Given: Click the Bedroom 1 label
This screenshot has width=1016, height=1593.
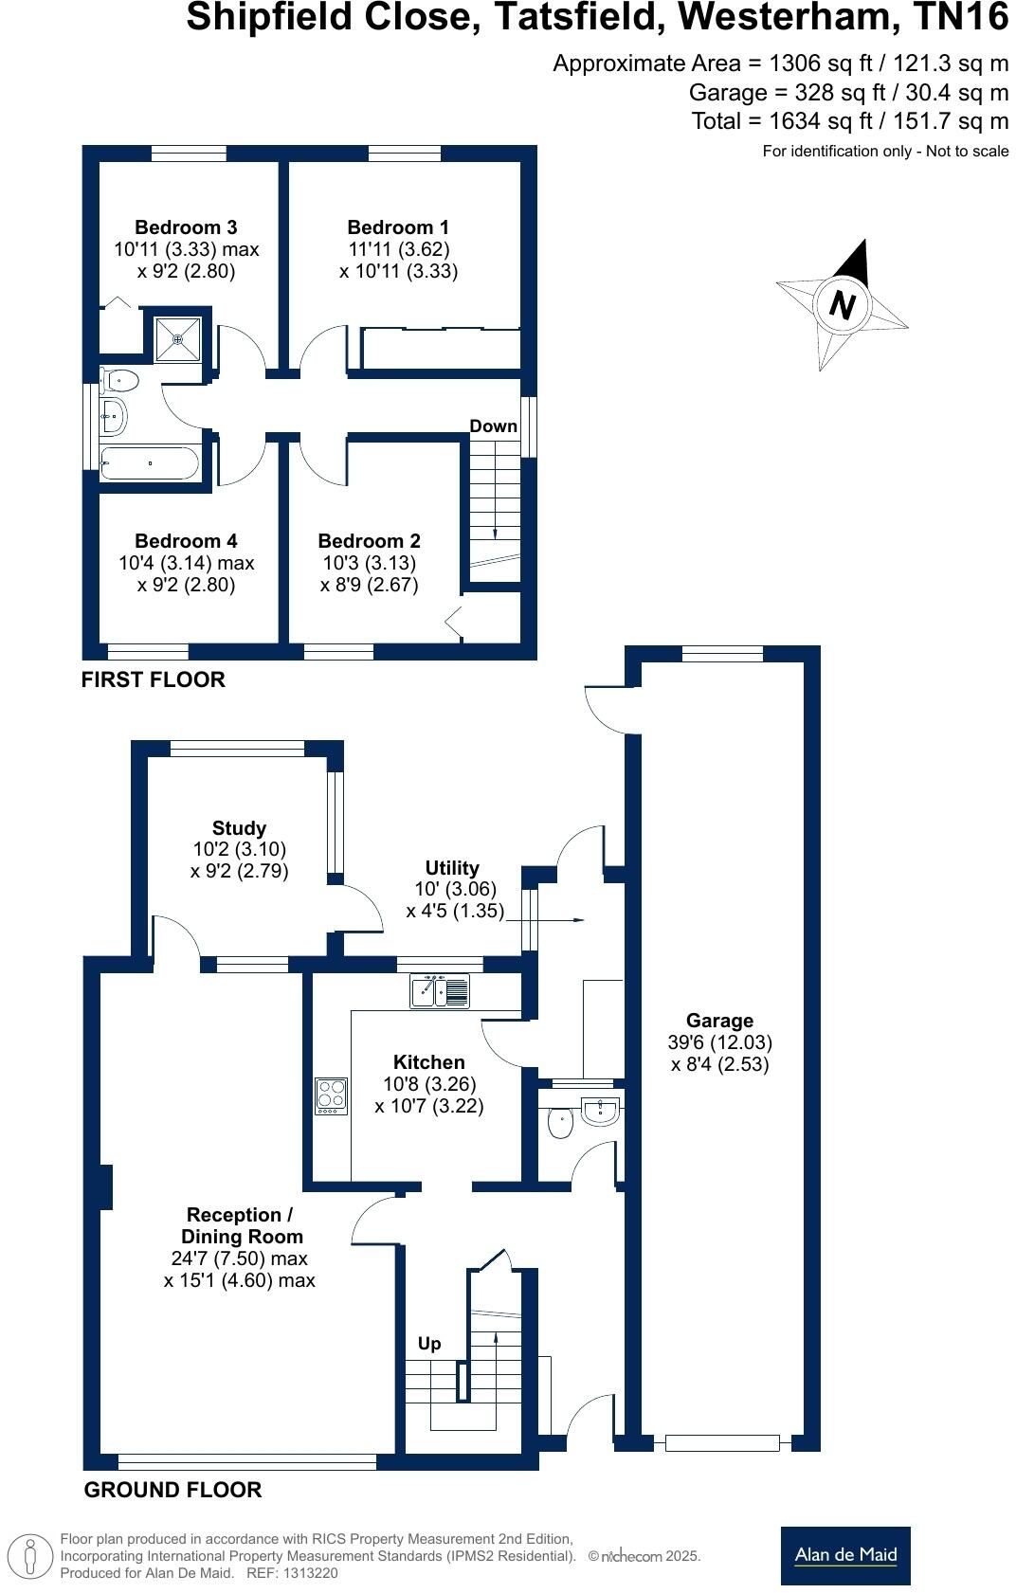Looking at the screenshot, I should (x=398, y=227).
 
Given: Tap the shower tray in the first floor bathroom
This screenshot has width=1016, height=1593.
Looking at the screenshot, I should (x=178, y=338).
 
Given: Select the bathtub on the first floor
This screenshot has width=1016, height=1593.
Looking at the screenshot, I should (x=150, y=463).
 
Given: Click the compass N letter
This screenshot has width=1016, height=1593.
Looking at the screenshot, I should (x=842, y=305).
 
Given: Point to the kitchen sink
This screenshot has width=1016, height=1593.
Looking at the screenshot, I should (x=440, y=990).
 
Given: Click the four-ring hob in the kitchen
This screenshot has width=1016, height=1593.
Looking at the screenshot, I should (x=331, y=1095).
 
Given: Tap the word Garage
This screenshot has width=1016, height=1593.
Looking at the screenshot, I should (x=719, y=1021).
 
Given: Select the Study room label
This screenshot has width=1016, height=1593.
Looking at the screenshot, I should (x=239, y=828).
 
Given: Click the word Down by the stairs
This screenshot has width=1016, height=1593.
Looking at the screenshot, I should (x=494, y=426).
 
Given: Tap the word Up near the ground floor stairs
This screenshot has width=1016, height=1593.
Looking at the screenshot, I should (x=429, y=1344).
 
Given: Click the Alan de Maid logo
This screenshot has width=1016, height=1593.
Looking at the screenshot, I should (x=845, y=1555).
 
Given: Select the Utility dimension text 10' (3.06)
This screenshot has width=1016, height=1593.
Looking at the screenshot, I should (x=455, y=889).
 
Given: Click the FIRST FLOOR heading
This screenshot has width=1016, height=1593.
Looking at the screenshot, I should (x=154, y=679).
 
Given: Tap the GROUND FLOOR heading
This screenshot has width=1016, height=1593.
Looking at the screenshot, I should (x=172, y=1490).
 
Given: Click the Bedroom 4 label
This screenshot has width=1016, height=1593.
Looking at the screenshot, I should (x=186, y=541).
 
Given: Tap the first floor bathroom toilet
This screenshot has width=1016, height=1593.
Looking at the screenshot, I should (x=120, y=381).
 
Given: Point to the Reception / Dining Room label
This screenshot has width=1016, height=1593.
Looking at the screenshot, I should (x=241, y=1225).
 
